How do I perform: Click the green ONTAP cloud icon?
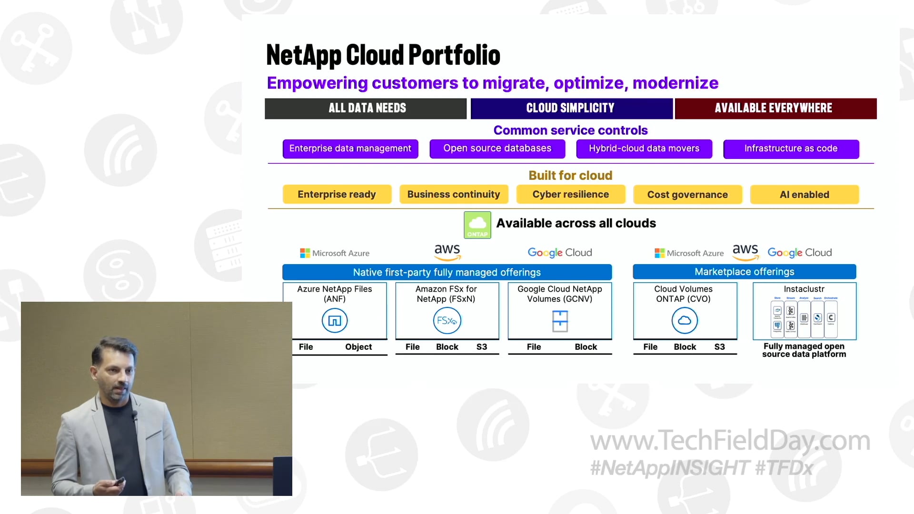coord(477,225)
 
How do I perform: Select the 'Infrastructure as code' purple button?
coord(791,148)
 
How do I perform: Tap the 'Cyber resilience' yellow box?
coord(570,194)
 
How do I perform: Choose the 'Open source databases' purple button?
coord(497,148)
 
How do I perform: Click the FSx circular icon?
coord(447,320)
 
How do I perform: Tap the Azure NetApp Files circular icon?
coord(335,320)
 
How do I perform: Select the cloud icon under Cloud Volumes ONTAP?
coord(684,320)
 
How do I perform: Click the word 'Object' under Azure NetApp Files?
coord(358,347)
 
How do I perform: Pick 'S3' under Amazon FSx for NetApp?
coord(481,347)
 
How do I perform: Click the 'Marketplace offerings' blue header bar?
coord(744,272)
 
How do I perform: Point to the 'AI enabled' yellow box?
coord(804,194)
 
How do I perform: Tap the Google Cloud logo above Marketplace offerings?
coord(799,253)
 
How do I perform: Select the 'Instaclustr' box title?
coord(804,289)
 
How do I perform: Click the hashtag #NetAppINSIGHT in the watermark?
coord(669,468)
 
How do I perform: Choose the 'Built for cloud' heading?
coord(570,175)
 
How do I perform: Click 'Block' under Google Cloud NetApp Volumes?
coord(585,347)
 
